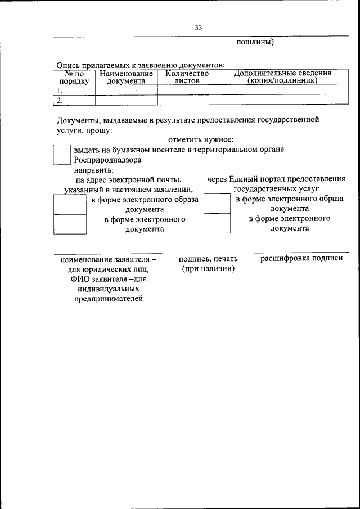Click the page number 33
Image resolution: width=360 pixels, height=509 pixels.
tap(199, 28)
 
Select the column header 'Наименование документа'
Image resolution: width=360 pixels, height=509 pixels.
tap(126, 77)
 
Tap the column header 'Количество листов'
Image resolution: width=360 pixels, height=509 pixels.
tap(187, 77)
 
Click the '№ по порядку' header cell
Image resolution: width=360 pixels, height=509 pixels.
tap(74, 77)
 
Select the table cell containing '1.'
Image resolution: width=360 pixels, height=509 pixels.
tap(74, 90)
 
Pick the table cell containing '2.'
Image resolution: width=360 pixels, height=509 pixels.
tap(74, 100)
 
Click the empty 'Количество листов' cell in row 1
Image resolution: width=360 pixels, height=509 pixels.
tap(187, 90)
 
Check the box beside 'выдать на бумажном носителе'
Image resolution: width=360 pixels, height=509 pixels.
tap(61, 154)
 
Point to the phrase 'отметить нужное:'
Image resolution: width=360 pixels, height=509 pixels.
tap(201, 139)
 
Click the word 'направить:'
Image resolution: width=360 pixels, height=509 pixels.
tap(93, 169)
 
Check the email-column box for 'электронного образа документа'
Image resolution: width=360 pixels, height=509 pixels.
tap(69, 204)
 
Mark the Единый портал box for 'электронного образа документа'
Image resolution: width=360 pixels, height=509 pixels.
tap(217, 204)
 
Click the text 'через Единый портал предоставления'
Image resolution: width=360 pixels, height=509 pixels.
tap(276, 179)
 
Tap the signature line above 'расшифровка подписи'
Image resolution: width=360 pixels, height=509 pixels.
tap(301, 253)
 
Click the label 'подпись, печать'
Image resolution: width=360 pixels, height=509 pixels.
tap(208, 259)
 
